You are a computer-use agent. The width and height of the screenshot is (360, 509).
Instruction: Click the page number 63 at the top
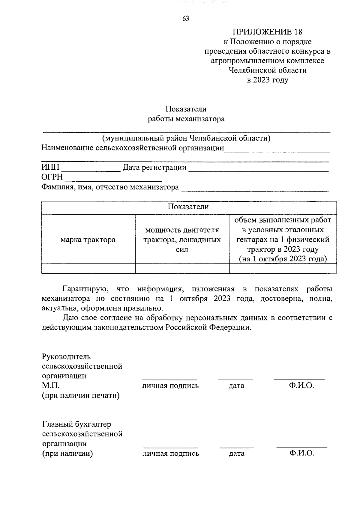click(x=186, y=19)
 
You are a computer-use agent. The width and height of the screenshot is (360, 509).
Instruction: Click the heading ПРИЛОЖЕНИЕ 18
click(x=268, y=32)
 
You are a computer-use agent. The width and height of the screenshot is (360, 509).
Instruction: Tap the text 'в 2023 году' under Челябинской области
click(x=267, y=80)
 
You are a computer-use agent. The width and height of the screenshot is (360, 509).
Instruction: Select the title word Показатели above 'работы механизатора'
click(x=186, y=109)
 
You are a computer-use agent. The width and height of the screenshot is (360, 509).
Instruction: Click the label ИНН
click(x=50, y=167)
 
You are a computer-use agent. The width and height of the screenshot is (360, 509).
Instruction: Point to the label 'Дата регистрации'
click(x=155, y=167)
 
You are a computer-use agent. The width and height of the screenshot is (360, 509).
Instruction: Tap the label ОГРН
click(x=52, y=177)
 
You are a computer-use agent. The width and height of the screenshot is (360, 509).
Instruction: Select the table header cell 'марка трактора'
click(x=88, y=240)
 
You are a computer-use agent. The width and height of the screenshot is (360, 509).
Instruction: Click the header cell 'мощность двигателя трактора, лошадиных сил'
click(x=182, y=240)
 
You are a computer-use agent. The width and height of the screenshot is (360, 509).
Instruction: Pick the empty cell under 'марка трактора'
click(x=88, y=268)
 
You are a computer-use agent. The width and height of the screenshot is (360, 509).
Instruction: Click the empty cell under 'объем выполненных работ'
click(x=283, y=268)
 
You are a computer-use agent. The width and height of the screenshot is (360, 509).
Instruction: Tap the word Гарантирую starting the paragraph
click(x=83, y=289)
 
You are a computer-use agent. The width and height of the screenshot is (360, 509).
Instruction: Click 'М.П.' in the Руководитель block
click(x=51, y=385)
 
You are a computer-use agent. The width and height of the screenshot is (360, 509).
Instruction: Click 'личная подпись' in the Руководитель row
click(x=170, y=386)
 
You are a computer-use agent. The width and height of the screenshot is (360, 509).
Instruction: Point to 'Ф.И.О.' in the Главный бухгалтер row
click(x=301, y=453)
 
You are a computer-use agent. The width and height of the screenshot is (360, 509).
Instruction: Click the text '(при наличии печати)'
click(x=81, y=395)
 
